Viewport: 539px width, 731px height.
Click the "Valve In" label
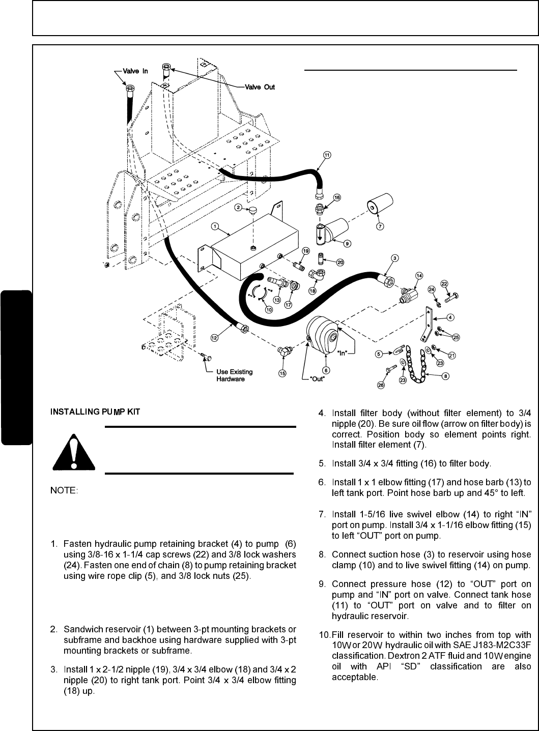pos(135,71)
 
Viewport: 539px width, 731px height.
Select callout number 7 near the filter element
pos(380,226)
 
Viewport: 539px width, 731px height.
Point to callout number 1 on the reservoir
pos(215,225)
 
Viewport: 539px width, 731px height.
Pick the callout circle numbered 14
pos(418,275)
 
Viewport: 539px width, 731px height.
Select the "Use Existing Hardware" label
pos(234,375)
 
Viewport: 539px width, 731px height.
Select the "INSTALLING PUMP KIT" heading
pos(95,411)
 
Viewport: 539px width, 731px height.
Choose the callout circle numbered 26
pos(381,385)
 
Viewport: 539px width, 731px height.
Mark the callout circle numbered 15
pos(282,373)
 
